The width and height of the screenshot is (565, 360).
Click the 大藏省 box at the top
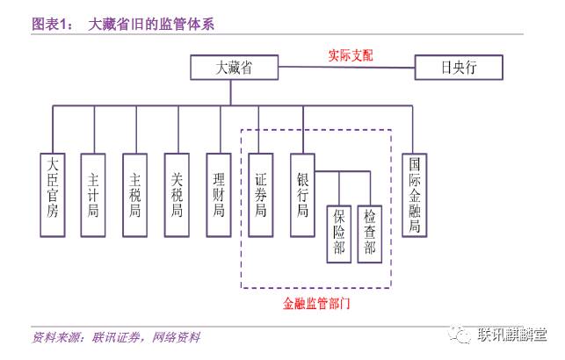coord(234,68)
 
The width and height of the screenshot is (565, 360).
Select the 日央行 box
coord(459,68)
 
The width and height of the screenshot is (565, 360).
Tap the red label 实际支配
coord(345,54)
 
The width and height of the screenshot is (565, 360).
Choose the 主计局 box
coord(93,195)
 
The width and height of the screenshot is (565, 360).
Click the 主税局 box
coord(135,195)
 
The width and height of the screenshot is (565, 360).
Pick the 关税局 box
coord(177,195)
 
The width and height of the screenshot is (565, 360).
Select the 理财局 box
coord(219,195)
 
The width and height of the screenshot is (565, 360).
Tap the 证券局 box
coord(261,195)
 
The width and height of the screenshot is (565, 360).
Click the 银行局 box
coord(302,195)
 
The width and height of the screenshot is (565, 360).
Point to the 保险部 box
coord(339,234)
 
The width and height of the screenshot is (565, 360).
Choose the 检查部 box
coord(370,234)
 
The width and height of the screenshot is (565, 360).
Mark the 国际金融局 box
coord(415,195)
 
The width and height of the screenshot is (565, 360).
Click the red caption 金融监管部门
coord(315,301)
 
